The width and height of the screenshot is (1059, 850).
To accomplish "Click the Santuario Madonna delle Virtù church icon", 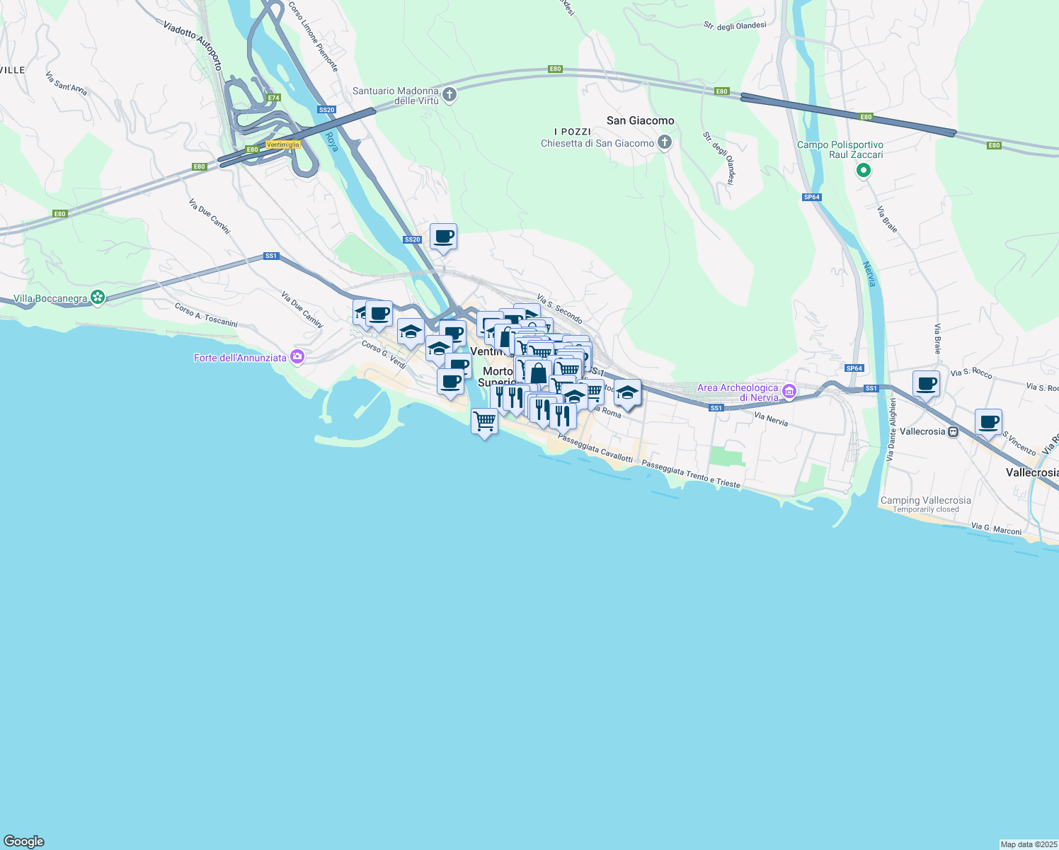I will pos(450,94).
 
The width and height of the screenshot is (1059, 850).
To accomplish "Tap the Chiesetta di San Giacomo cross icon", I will pos(664,143).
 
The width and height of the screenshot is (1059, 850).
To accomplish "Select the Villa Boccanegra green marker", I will pos(98,298).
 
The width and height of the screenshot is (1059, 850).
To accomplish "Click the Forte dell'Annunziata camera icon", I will pos(297,358).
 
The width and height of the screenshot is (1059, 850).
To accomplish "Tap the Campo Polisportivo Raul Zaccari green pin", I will pos(863,171).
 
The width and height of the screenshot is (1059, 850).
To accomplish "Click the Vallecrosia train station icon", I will pos(954,431).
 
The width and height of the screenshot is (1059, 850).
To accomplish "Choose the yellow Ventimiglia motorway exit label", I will pos(283,144).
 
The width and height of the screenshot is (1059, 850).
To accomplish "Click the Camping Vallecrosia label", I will pos(925,500).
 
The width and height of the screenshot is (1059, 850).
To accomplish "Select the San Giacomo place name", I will pos(640,120).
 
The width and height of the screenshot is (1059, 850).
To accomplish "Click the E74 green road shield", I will pos(273,98).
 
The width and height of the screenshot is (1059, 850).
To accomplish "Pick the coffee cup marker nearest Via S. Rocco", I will pos(926,384).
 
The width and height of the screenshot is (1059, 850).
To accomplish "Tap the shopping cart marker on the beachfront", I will pos(484,421).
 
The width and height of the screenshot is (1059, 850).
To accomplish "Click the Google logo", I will pos(24,841).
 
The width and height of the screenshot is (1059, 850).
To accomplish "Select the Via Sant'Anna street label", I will pos(66,84).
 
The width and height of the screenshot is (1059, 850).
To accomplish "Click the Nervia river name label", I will pos(870,274).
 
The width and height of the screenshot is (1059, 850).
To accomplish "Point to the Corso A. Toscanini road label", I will pos(206,315).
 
